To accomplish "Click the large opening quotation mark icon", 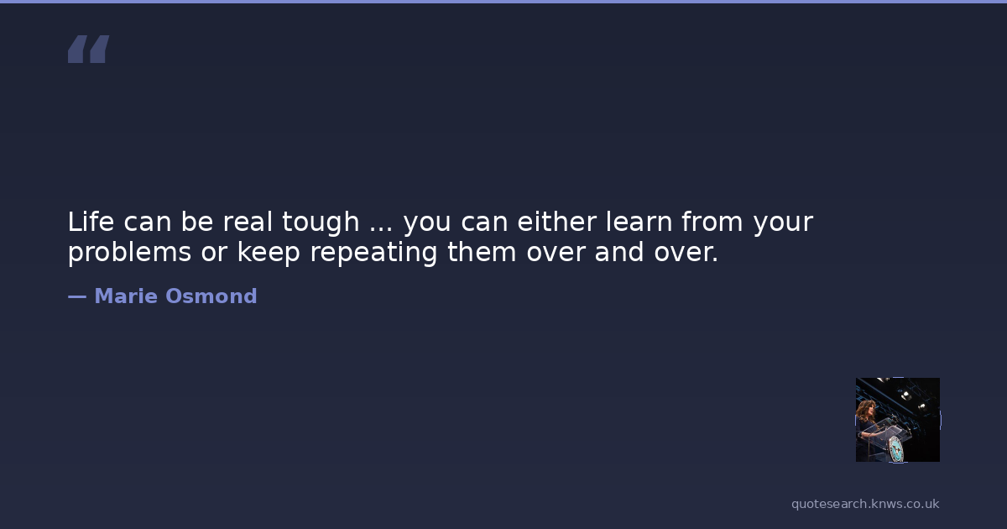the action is (x=89, y=49).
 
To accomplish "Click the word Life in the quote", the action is (x=91, y=222).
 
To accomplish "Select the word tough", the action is (x=321, y=223).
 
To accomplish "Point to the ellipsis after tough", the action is (x=381, y=229).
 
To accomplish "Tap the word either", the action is (x=557, y=222).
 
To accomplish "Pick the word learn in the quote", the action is (x=639, y=222).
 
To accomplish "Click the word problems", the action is (x=129, y=253).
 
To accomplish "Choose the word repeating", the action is (x=373, y=253).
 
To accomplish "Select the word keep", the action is (x=269, y=253).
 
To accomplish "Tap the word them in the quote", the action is (x=482, y=251).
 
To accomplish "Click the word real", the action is (x=248, y=222).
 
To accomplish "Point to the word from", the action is (x=712, y=222).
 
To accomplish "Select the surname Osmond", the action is (x=211, y=296).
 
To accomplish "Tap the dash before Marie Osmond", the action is (x=77, y=297).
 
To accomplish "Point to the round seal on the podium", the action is (x=896, y=449).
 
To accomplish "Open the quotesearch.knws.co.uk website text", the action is (x=865, y=505).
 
